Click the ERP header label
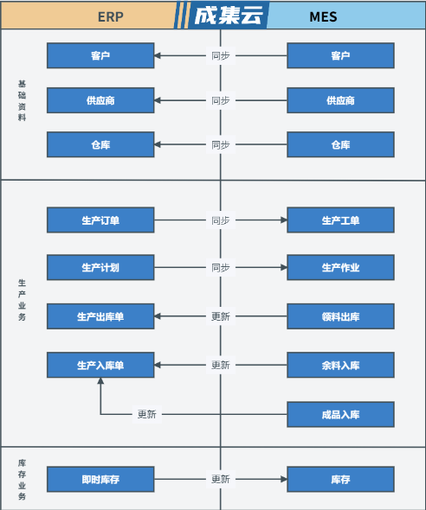click(111, 17)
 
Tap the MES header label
click(323, 17)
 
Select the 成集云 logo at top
click(229, 16)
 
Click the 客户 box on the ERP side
click(100, 55)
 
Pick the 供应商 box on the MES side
click(340, 100)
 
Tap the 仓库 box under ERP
click(100, 144)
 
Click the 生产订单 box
click(100, 220)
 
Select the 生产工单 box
click(340, 220)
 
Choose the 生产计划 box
click(100, 268)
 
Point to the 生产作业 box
click(340, 268)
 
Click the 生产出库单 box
click(100, 316)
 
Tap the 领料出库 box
click(340, 316)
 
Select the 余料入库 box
click(340, 365)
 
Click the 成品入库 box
click(340, 414)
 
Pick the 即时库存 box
click(100, 480)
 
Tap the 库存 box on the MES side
click(340, 480)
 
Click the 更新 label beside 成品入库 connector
click(147, 414)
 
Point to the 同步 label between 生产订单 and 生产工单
click(221, 220)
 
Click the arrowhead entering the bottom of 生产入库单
click(100, 380)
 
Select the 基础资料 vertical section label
click(22, 100)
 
